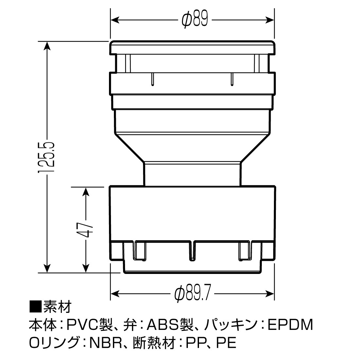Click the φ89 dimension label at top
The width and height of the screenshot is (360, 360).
point(195,20)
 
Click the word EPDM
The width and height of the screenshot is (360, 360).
point(290,325)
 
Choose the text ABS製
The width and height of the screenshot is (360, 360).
point(170,325)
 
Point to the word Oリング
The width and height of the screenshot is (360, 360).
point(54,343)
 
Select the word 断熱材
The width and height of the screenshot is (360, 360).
point(154,343)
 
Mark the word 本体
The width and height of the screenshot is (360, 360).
point(43,325)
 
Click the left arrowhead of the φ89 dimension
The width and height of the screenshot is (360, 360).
point(115,20)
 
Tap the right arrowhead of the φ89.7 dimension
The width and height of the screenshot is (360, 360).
point(270,294)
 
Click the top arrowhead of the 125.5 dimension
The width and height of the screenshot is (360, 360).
point(47,46)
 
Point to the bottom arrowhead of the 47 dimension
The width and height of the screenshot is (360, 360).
point(85,268)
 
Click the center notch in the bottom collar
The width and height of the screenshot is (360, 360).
point(192,251)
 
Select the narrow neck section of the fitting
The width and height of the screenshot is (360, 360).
point(192,174)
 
